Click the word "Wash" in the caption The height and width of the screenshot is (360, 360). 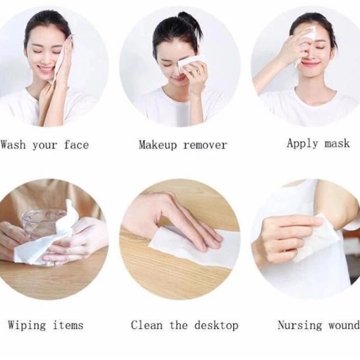(13, 145)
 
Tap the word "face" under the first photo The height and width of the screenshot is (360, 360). (76, 145)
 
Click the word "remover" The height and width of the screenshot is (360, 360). (205, 145)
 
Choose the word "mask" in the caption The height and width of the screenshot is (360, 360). (337, 144)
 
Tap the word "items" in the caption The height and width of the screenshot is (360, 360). (68, 325)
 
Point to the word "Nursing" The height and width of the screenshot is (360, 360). (300, 325)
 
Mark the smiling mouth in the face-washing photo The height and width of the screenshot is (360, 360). (46, 69)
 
